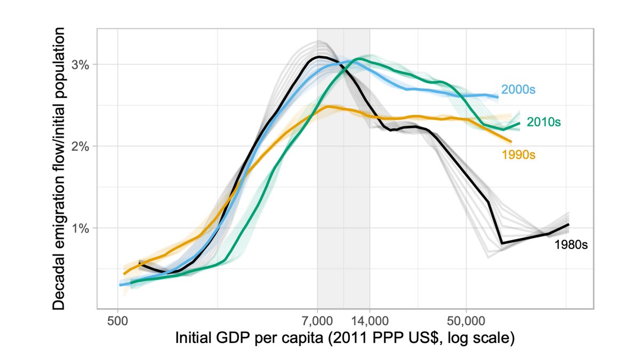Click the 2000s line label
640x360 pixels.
click(x=517, y=90)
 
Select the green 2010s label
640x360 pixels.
click(x=543, y=122)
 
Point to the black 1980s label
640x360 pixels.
click(x=570, y=245)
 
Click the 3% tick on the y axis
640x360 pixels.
click(x=81, y=64)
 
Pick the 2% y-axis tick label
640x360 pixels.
click(x=81, y=146)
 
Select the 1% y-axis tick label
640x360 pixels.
click(x=81, y=228)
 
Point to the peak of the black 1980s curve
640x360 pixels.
click(x=319, y=56)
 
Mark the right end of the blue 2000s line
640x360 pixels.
click(x=498, y=97)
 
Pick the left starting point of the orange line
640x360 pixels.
click(x=124, y=274)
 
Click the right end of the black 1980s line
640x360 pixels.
click(x=569, y=224)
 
